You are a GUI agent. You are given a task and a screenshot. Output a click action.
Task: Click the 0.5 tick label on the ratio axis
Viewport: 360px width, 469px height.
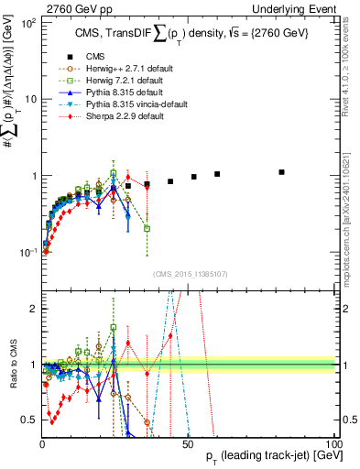pos(29,420)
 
